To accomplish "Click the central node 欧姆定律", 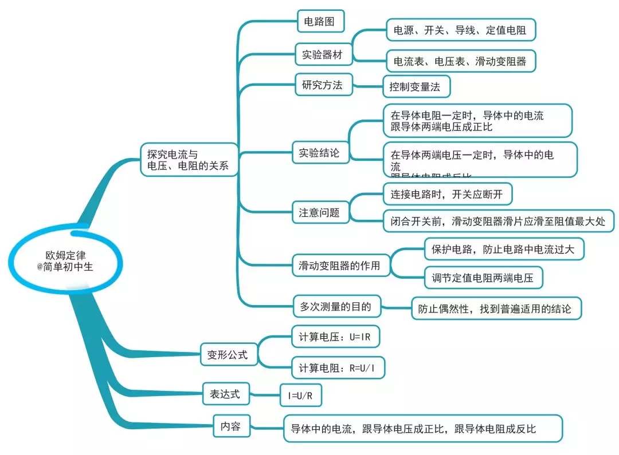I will click(x=69, y=260).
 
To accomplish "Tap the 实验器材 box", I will click(x=322, y=55).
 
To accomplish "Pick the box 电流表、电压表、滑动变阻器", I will click(x=461, y=61).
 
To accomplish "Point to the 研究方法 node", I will click(x=322, y=85).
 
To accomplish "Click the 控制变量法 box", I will click(x=416, y=87).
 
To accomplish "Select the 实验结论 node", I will click(x=319, y=153).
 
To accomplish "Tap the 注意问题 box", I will click(x=319, y=213).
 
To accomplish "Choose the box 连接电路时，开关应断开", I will click(x=447, y=194).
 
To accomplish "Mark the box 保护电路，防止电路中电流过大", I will click(x=504, y=249).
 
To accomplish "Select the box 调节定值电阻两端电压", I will click(x=483, y=278).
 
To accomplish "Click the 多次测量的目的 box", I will click(x=332, y=306).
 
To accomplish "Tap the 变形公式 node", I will click(x=228, y=355).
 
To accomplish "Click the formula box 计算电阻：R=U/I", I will click(x=337, y=368).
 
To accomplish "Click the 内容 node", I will click(x=230, y=426).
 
